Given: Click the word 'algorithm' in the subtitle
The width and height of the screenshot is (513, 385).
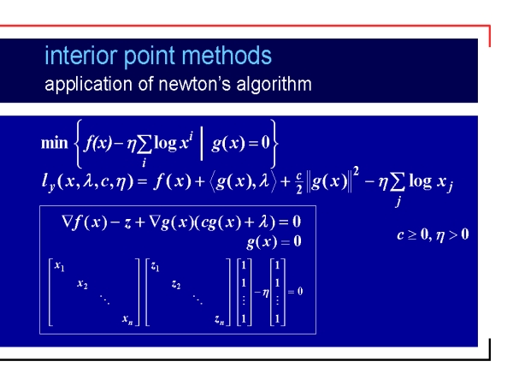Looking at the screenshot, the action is [274, 84].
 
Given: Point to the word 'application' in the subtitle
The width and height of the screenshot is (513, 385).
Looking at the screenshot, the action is [88, 84].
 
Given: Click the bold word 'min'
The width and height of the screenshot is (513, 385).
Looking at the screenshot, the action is [55, 143].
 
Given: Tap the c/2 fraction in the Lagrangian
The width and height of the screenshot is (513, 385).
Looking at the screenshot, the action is [299, 182].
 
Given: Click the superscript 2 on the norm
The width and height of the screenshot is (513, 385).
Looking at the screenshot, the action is [356, 171].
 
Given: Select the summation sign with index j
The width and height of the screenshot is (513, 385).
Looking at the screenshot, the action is [398, 182].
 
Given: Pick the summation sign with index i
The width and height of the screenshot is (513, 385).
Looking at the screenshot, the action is [144, 145].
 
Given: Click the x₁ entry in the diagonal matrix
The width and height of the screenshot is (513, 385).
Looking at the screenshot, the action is [59, 266].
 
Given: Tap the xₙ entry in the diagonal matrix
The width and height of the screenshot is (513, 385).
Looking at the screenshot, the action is [127, 319].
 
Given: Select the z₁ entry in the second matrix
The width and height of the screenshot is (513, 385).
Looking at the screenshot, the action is [155, 267].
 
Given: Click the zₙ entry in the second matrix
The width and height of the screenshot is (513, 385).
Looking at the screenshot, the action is [220, 319].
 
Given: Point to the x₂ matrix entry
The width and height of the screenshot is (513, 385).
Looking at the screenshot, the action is [82, 284].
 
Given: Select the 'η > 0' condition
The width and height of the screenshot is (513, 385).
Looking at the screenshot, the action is [452, 235].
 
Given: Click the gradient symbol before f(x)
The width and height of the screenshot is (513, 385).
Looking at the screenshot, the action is [67, 222].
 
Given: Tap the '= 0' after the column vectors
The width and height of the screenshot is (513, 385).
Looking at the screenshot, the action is [295, 292].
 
